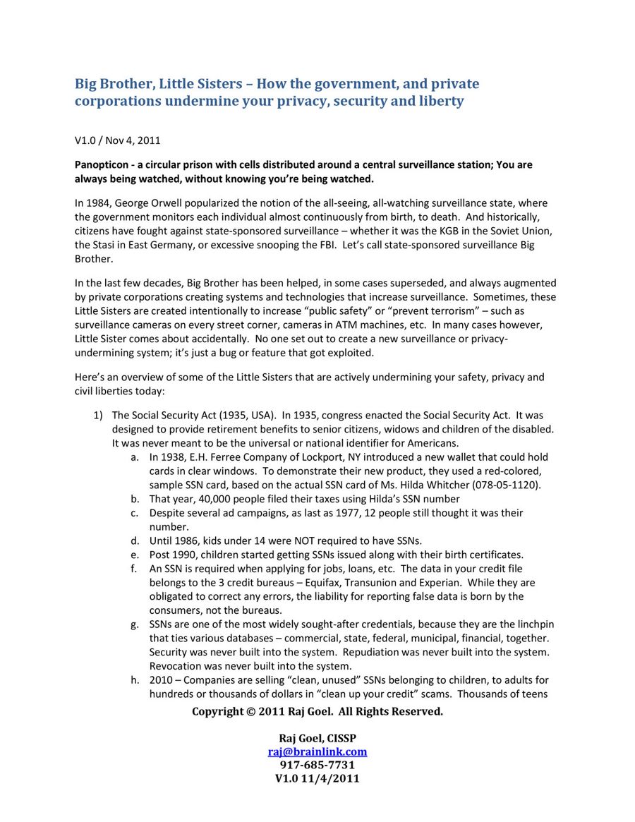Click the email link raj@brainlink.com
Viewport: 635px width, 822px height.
click(x=317, y=752)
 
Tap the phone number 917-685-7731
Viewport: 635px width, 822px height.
click(x=317, y=765)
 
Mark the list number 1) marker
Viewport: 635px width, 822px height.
click(x=99, y=416)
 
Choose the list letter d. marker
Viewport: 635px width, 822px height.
click(x=134, y=540)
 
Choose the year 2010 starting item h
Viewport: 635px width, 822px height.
click(x=161, y=679)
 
